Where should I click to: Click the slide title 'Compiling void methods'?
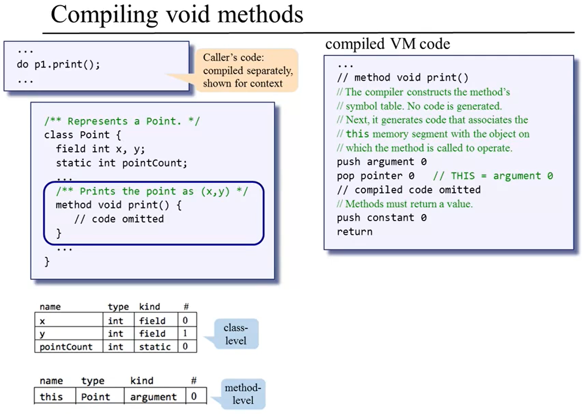176,15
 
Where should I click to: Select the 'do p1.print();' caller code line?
58,65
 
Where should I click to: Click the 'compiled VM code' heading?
387,44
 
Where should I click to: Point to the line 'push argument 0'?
381,162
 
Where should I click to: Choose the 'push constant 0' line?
381,218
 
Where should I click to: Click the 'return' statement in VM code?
355,232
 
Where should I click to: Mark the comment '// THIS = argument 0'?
493,176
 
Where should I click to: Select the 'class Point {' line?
82,135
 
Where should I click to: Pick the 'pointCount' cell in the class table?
66,347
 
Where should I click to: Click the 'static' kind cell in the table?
155,347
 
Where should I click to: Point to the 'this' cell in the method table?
51,397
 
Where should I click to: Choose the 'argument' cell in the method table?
153,397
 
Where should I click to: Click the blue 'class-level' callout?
235,334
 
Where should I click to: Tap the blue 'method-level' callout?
242,394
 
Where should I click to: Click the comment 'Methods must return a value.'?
405,204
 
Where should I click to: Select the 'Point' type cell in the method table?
95,397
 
